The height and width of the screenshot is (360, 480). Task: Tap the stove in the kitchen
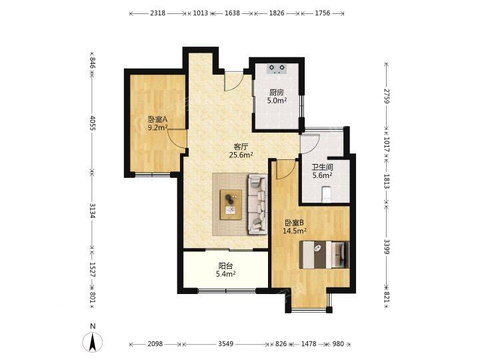[x=277, y=69]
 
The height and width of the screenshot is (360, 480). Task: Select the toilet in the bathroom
[x=327, y=194]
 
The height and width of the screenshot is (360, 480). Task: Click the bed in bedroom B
[x=324, y=255]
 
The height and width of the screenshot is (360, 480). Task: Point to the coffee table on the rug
[x=231, y=205]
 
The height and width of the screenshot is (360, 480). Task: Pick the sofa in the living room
[x=257, y=204]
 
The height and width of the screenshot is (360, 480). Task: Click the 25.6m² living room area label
[x=241, y=155]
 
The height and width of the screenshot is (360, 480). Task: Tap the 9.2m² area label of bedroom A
[x=157, y=127]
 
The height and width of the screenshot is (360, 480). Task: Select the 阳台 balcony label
[x=225, y=266]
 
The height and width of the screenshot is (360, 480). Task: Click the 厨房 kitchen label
[x=277, y=92]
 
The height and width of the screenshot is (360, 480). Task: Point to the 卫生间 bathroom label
[x=322, y=167]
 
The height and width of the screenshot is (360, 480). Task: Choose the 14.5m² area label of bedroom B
[x=295, y=231]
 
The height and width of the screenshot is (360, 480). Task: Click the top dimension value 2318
[x=158, y=13]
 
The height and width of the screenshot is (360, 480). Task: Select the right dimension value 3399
[x=386, y=247]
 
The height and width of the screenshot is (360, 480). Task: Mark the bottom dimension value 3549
[x=226, y=344]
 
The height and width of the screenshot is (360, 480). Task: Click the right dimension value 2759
[x=386, y=96]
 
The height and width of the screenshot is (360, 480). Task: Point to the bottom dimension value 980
[x=338, y=344]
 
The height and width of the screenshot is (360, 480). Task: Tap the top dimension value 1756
[x=323, y=13]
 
